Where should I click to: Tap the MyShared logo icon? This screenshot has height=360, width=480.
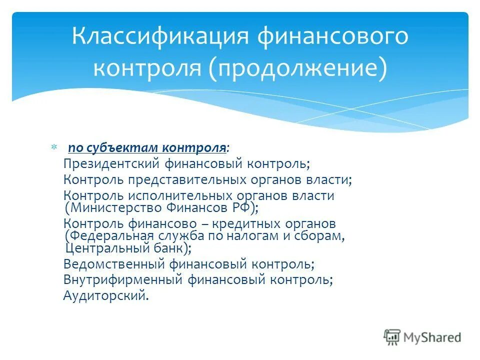(x=392, y=337)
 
